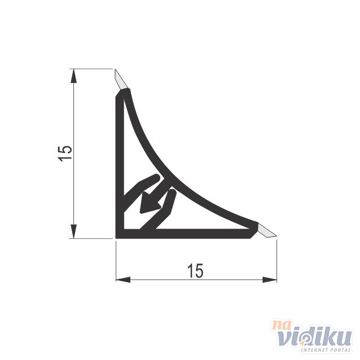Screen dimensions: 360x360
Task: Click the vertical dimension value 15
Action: pos(65,153)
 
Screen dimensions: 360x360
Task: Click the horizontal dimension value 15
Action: pos(195,271)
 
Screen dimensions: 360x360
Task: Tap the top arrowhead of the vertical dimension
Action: pos(73,76)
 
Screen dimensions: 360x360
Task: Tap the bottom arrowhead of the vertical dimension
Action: pos(73,231)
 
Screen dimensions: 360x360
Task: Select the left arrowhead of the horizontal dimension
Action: pos(123,280)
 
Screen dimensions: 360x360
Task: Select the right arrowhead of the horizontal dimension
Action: pos(270,280)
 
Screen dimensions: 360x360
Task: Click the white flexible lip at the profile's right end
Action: pos(267,231)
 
